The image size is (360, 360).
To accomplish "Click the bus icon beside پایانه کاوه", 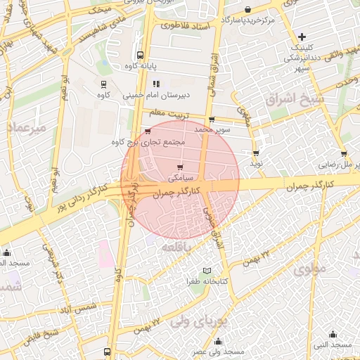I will click(x=140, y=54).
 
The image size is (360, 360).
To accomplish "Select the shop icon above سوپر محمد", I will click(x=212, y=119).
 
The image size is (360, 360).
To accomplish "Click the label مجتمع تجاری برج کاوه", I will click(x=148, y=142).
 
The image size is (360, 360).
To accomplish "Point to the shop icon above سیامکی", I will click(x=180, y=167).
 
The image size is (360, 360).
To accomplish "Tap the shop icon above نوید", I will click(x=255, y=153).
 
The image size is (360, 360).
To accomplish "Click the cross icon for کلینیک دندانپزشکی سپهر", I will click(x=302, y=37).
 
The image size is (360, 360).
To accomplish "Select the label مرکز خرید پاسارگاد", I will click(x=247, y=20).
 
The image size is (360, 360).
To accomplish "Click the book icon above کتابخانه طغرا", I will click(x=206, y=271).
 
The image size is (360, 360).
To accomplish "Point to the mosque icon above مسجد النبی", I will click(x=333, y=334).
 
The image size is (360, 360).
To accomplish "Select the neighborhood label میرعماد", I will click(x=27, y=128).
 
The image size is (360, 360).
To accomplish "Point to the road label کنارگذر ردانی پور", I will click(x=82, y=199).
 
